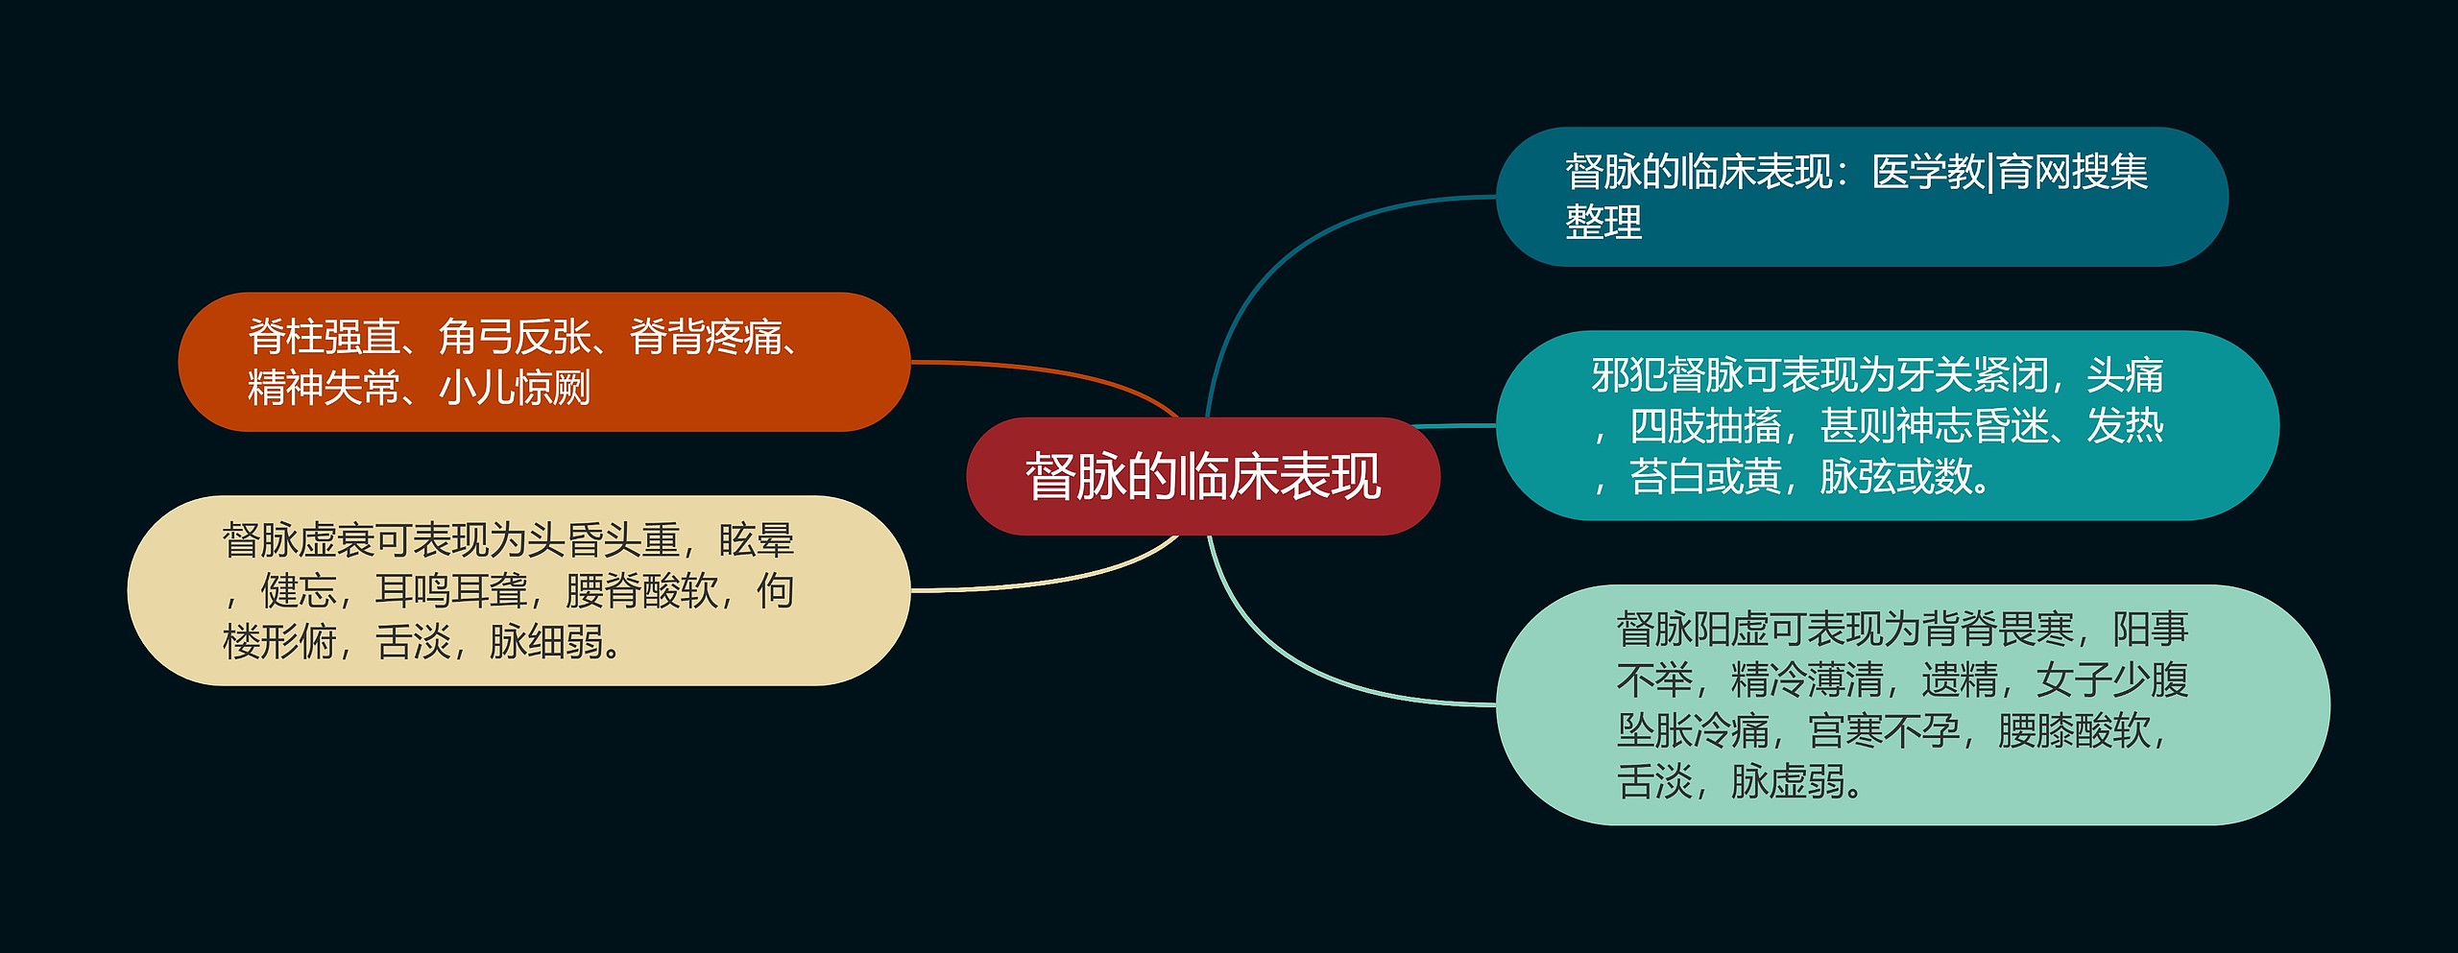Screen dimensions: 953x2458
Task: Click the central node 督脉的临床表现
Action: point(1202,476)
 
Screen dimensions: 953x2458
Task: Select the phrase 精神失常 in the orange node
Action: point(324,389)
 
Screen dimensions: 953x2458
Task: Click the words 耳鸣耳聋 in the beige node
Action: point(450,591)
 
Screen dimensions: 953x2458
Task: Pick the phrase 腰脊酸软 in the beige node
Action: point(641,591)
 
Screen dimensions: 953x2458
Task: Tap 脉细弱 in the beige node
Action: point(546,642)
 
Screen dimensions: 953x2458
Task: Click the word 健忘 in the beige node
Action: point(299,591)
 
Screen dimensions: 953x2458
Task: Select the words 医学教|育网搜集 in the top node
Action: point(2010,173)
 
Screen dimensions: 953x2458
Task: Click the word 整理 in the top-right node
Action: point(1603,223)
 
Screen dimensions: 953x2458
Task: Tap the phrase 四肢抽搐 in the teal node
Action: point(1705,426)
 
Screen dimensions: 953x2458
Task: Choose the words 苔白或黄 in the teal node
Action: point(1705,477)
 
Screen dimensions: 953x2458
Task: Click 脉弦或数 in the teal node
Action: point(1896,477)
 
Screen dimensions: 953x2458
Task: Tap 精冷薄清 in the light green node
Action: point(1807,680)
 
